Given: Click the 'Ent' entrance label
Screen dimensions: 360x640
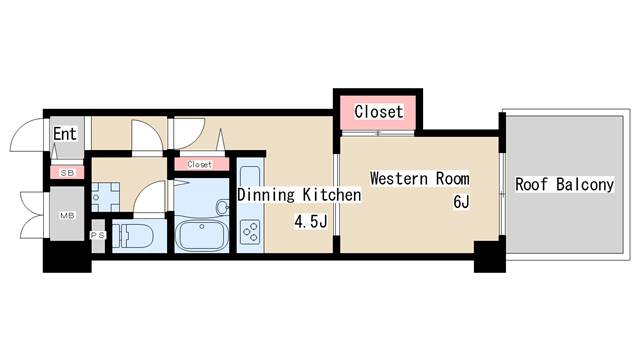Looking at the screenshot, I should (64, 133).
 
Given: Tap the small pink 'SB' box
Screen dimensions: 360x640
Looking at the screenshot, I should (67, 173).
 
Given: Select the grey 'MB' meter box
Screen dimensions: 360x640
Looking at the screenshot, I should (67, 214).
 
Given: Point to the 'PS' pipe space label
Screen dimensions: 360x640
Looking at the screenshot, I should (98, 236).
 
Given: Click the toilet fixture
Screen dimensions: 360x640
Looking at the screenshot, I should (129, 238).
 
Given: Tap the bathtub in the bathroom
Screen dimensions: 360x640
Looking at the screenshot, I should (204, 238).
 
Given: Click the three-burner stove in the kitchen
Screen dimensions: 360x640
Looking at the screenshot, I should (250, 233).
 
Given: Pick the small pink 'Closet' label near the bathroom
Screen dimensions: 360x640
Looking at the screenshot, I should (199, 163).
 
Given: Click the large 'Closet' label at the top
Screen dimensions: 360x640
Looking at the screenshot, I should (378, 112).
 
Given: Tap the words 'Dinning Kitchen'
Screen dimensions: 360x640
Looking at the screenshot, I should (298, 196).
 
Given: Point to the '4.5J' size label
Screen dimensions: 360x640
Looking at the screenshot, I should (310, 221).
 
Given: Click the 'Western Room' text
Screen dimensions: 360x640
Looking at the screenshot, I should (419, 179).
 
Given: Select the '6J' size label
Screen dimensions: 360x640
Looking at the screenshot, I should (461, 202).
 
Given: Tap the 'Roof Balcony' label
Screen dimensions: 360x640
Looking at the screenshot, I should (564, 185).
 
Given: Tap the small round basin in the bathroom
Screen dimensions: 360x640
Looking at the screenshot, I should (222, 208).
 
